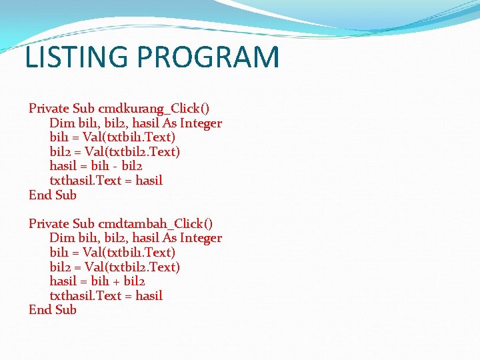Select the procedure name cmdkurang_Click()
pyautogui.click(x=154, y=109)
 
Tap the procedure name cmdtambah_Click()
pyautogui.click(x=155, y=224)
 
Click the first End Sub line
pyautogui.click(x=53, y=195)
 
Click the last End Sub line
pyautogui.click(x=53, y=310)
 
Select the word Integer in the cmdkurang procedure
pyautogui.click(x=199, y=123)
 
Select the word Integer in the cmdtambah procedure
pyautogui.click(x=199, y=238)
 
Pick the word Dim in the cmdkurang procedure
pyautogui.click(x=60, y=123)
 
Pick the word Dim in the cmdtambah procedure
pyautogui.click(x=60, y=238)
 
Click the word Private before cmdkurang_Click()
pyautogui.click(x=49, y=109)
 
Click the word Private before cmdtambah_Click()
pyautogui.click(x=49, y=224)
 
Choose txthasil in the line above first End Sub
pyautogui.click(x=72, y=181)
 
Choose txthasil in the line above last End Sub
pyautogui.click(x=72, y=296)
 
